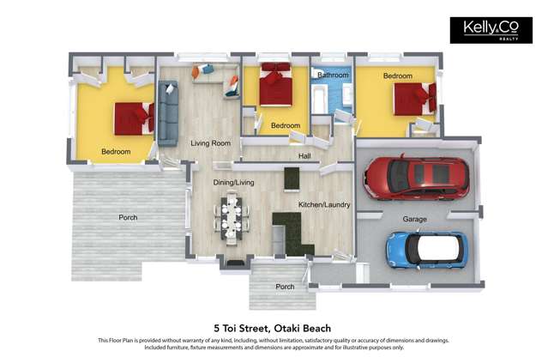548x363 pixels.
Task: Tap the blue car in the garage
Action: point(427,249)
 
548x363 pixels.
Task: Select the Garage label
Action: point(415,219)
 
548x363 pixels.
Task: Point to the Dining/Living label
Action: point(233,182)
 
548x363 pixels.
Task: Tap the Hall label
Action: point(304,157)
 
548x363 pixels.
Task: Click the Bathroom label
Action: point(333,76)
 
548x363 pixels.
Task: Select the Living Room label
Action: point(210,143)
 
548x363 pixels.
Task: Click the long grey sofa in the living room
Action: point(168,111)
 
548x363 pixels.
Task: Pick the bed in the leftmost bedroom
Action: point(133,118)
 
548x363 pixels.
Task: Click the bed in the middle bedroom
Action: point(276,86)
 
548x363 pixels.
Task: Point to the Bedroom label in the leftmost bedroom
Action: point(116,152)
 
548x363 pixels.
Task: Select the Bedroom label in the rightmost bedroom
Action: point(397,76)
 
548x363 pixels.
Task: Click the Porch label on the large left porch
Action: point(127,218)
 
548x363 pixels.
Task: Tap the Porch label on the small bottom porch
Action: point(285,287)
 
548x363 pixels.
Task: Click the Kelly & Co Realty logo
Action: point(485,30)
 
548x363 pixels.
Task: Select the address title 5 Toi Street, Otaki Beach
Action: point(273,328)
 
